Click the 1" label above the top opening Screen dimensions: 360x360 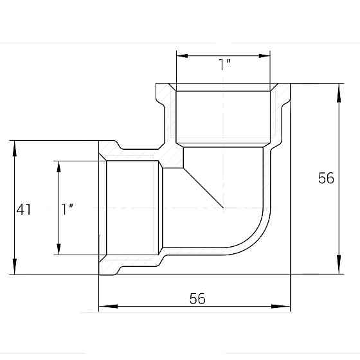tap(224, 64)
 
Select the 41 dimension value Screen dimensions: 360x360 tap(24, 209)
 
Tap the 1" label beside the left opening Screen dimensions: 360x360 tap(67, 209)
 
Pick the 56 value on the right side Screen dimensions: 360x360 tap(327, 178)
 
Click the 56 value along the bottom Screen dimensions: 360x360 tap(197, 299)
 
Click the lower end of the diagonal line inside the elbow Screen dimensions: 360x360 tap(223, 208)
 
